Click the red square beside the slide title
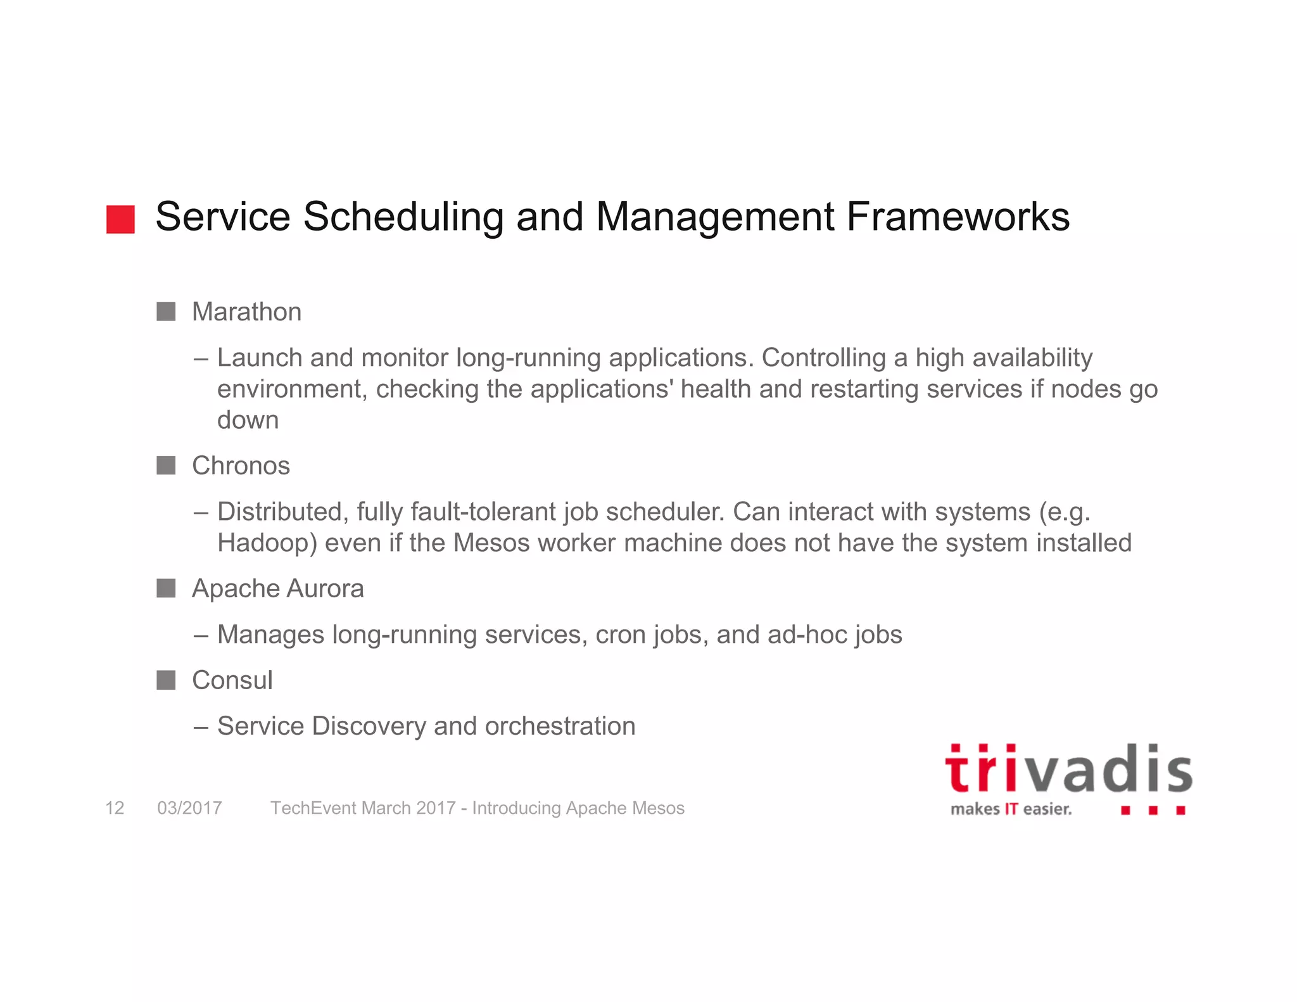point(120,219)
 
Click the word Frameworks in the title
point(958,217)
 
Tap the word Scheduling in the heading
point(403,217)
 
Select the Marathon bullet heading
point(246,312)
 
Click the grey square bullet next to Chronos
point(166,466)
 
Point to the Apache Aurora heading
point(277,588)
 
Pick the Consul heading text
point(232,680)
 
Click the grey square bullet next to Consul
point(166,680)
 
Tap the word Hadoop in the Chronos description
point(267,543)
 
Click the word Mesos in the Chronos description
point(491,543)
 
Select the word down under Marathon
point(248,420)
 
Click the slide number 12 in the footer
point(115,808)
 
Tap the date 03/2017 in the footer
point(189,808)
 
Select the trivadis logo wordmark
point(1068,768)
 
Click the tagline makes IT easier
point(1011,809)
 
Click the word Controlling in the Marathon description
point(823,358)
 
